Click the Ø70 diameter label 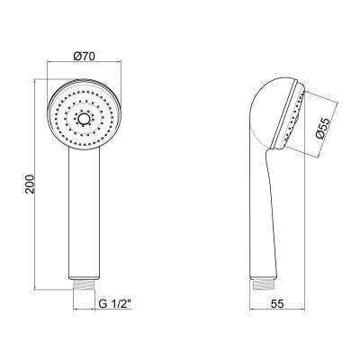84,56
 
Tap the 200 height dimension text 31,184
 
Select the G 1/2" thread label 115,304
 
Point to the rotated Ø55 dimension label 322,129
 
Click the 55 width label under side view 277,304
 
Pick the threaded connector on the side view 263,284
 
